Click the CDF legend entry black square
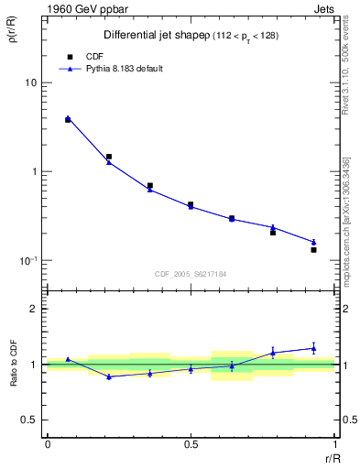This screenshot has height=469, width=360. click(69, 56)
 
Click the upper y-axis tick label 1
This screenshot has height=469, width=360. click(35, 172)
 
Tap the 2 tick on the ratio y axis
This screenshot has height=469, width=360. click(35, 310)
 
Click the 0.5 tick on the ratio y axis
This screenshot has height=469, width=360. click(30, 420)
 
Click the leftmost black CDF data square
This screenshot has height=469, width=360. click(68, 120)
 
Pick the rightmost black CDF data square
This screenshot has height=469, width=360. click(313, 250)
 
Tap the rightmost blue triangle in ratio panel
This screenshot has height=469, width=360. click(313, 348)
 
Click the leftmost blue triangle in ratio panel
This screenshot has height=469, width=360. click(68, 359)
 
